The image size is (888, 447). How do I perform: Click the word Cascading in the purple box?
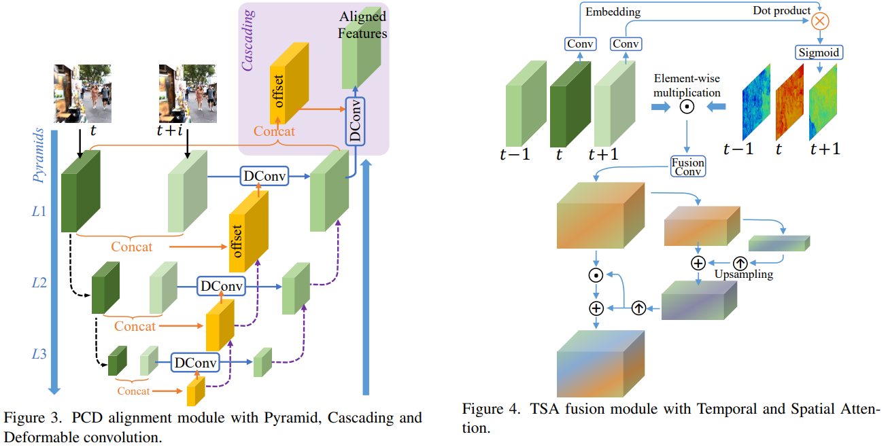248,39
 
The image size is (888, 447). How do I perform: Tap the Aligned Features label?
363,24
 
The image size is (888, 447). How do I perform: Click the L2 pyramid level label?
40,282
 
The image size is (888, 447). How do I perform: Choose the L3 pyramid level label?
40,354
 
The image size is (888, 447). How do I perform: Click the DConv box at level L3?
196,363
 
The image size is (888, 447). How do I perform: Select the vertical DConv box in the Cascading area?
356,121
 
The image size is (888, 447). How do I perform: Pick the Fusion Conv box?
687,166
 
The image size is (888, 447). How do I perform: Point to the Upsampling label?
744,274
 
